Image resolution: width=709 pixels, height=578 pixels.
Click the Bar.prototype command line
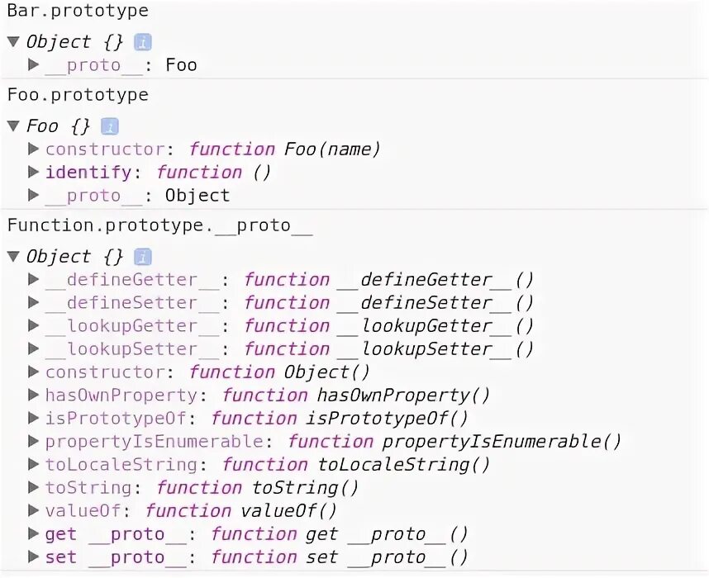78,11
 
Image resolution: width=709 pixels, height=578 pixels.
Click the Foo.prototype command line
78,95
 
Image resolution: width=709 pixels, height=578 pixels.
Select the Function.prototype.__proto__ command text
159,225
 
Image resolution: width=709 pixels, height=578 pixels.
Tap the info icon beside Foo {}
110,126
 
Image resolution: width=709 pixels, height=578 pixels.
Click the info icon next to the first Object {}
142,42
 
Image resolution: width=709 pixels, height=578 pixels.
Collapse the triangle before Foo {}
12,126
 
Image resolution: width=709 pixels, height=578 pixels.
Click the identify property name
88,173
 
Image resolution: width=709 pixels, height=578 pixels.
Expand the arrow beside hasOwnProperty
33,396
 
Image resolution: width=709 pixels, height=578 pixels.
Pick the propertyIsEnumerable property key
154,442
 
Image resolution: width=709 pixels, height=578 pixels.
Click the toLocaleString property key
121,465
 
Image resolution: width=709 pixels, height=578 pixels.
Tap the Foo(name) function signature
332,149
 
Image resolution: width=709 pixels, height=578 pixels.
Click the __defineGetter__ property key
132,280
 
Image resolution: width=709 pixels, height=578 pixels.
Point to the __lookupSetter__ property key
132,349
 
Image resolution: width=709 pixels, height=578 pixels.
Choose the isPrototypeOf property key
115,419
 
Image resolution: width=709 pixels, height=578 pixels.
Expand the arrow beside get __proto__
33,534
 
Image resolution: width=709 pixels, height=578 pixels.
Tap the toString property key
88,488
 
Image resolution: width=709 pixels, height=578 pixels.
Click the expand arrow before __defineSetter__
33,303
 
